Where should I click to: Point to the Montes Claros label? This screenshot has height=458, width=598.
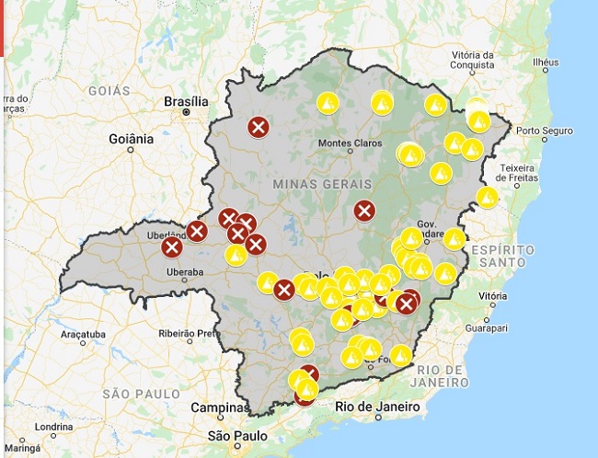pyautogui.click(x=349, y=143)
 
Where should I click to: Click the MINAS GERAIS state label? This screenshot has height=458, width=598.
pyautogui.click(x=316, y=184)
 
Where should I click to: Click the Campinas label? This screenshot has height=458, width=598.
pyautogui.click(x=220, y=407)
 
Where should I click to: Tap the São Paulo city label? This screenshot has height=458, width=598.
pyautogui.click(x=237, y=435)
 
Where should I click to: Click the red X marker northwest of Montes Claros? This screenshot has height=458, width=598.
pyautogui.click(x=259, y=127)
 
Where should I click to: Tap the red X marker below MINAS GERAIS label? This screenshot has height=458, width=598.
pyautogui.click(x=364, y=211)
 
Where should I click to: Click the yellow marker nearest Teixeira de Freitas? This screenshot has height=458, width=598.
pyautogui.click(x=488, y=197)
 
